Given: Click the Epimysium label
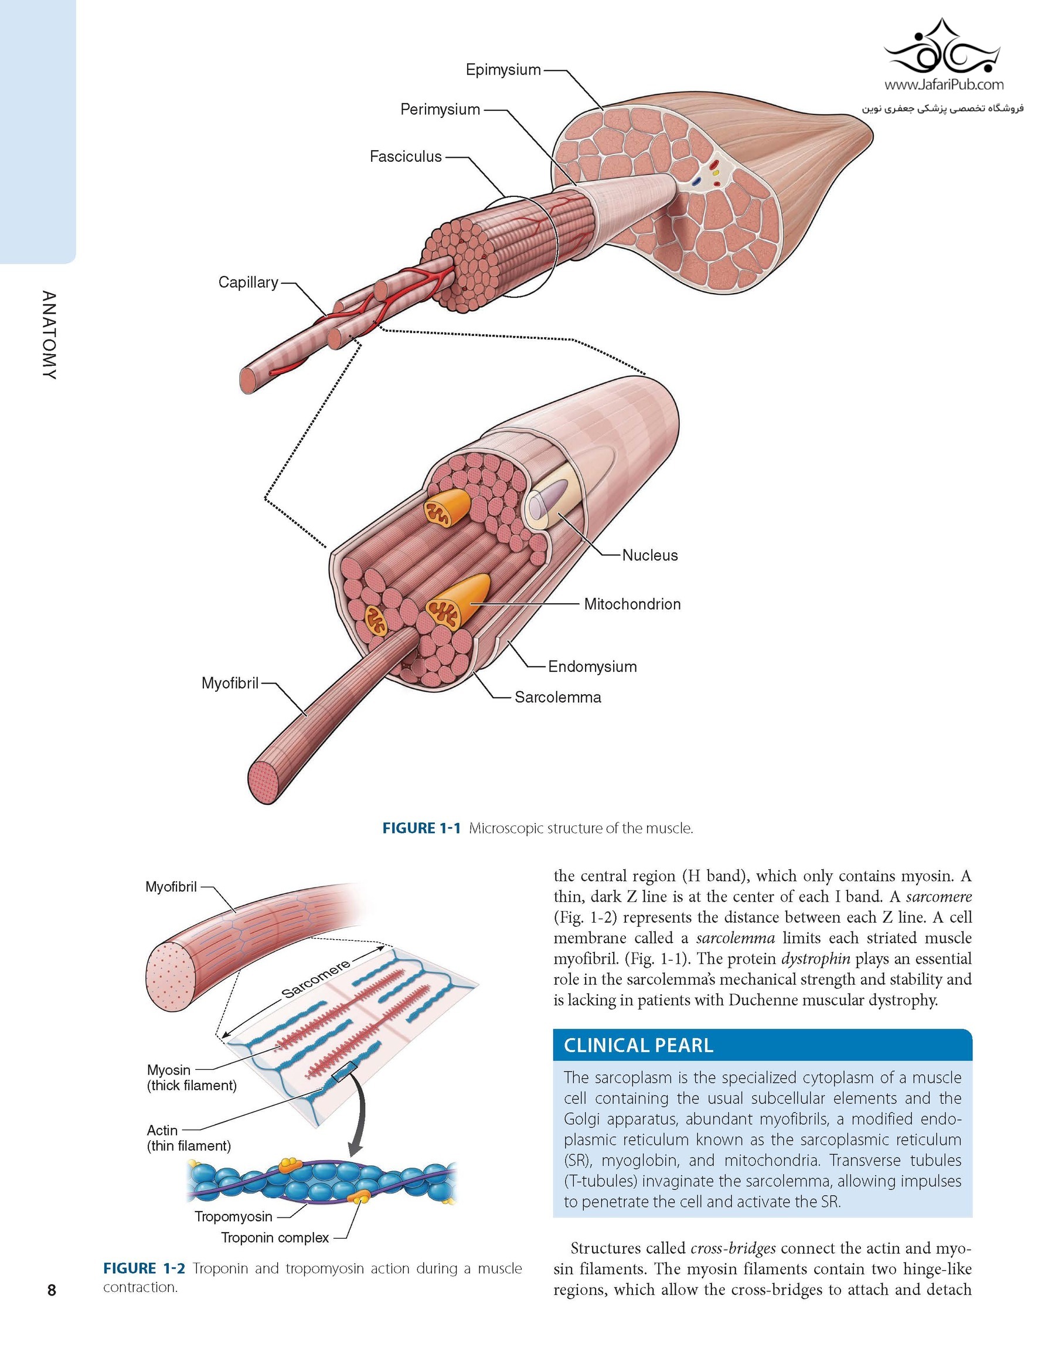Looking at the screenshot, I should click(x=503, y=70).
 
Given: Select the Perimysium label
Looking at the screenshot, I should click(x=440, y=110).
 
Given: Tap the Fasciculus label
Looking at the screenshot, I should click(x=406, y=157).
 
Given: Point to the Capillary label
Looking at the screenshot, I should click(x=248, y=283).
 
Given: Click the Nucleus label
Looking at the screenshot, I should click(x=649, y=555).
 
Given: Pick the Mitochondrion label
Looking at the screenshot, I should click(x=632, y=604).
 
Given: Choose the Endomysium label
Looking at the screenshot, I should click(x=592, y=667).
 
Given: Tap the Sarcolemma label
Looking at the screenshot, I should click(x=557, y=697).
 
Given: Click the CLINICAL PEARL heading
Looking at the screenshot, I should click(x=638, y=1045).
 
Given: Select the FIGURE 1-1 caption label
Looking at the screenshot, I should click(x=421, y=828).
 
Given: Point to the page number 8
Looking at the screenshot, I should click(x=52, y=1290).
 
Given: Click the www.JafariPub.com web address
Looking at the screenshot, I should click(x=944, y=84).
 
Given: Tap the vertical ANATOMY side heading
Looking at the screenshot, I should click(x=49, y=335).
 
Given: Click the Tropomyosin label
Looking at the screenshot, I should click(x=233, y=1216).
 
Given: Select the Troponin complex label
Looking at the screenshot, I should click(x=275, y=1237).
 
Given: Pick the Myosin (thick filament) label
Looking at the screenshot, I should click(x=192, y=1077).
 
